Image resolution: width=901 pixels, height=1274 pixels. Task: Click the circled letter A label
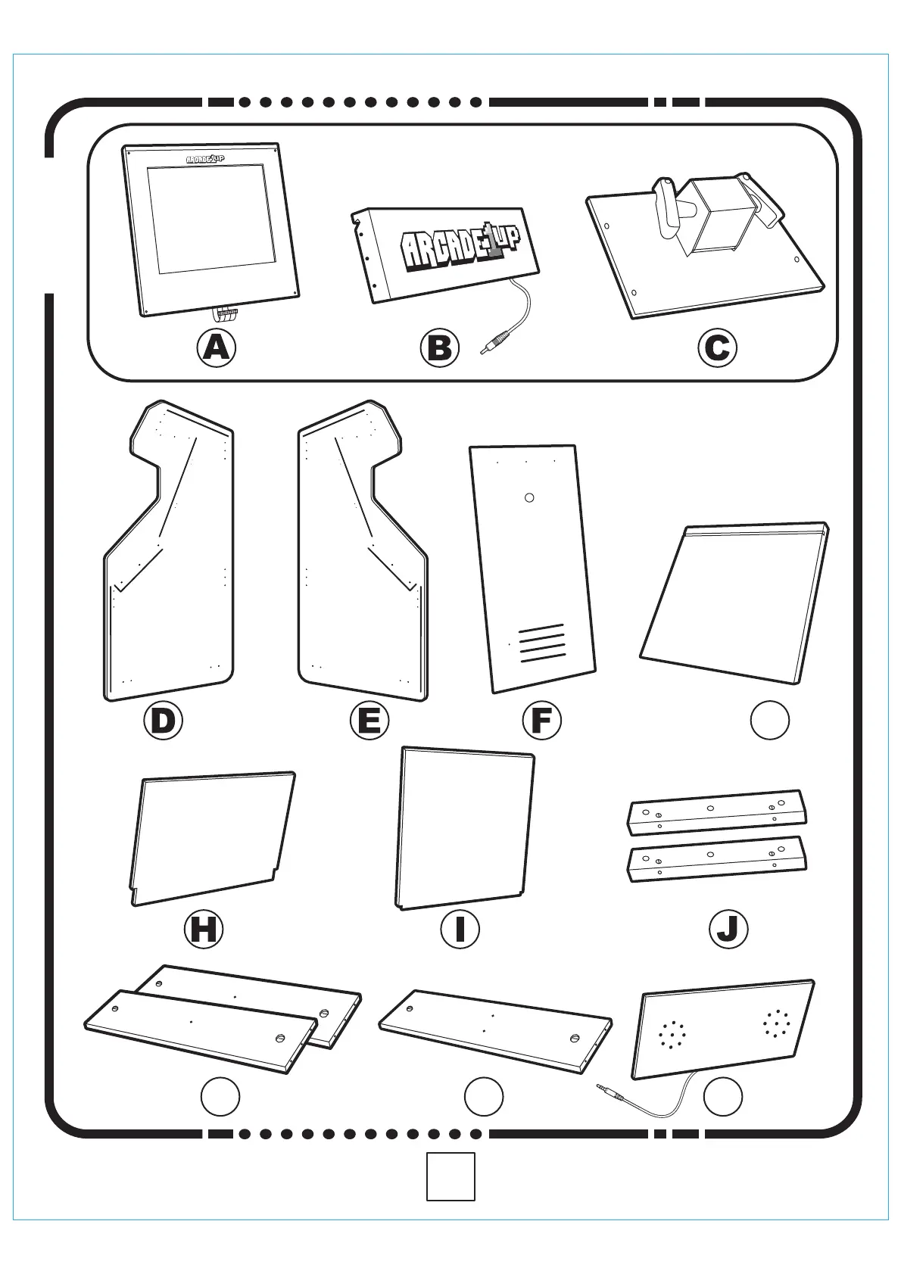(x=217, y=347)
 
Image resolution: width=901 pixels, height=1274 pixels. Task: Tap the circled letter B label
(x=439, y=347)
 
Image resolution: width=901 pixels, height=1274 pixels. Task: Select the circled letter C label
(x=716, y=347)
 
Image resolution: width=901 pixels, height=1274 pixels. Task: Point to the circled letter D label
(x=163, y=720)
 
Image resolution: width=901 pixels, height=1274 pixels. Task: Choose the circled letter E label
(x=369, y=720)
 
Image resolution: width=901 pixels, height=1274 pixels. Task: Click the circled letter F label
(x=541, y=720)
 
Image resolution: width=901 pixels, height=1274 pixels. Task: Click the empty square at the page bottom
(x=450, y=1176)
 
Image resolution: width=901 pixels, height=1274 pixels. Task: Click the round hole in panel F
(x=529, y=497)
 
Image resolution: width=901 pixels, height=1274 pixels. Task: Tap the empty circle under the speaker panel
(x=723, y=1096)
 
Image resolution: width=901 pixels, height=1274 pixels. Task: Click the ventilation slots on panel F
(x=543, y=643)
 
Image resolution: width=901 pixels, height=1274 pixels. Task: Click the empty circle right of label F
(x=769, y=720)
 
